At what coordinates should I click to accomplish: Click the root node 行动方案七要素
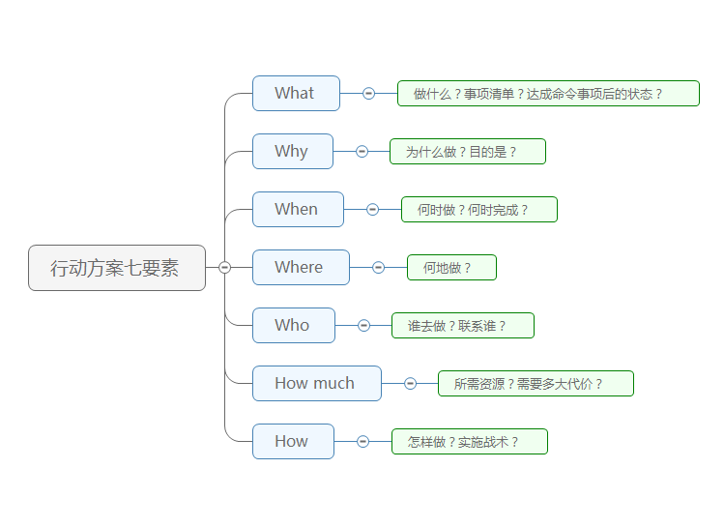coord(117,268)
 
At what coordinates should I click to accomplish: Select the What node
coord(296,94)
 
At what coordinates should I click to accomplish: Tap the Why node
coord(292,152)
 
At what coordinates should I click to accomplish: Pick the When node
coord(298,210)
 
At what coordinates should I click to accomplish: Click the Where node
coord(301,268)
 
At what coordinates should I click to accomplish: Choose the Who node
coord(293,326)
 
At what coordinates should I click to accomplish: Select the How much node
coord(316,384)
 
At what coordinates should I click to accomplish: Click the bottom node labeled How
coord(293,442)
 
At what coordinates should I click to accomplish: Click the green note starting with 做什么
coord(548,94)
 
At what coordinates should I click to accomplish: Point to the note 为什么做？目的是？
coord(468,152)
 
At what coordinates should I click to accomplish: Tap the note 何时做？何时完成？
coord(479,210)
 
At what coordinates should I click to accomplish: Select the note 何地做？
coord(451,268)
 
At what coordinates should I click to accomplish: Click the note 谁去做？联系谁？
coord(463,326)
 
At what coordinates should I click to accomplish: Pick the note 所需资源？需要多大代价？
coord(536,384)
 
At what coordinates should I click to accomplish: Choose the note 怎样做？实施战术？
coord(470,442)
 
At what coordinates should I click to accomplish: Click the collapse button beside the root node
coord(225,268)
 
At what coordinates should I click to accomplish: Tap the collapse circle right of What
coord(368,94)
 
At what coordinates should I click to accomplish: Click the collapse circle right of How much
coord(410,384)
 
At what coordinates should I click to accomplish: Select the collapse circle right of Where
coord(378,268)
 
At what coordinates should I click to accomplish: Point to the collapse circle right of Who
coord(363,326)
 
